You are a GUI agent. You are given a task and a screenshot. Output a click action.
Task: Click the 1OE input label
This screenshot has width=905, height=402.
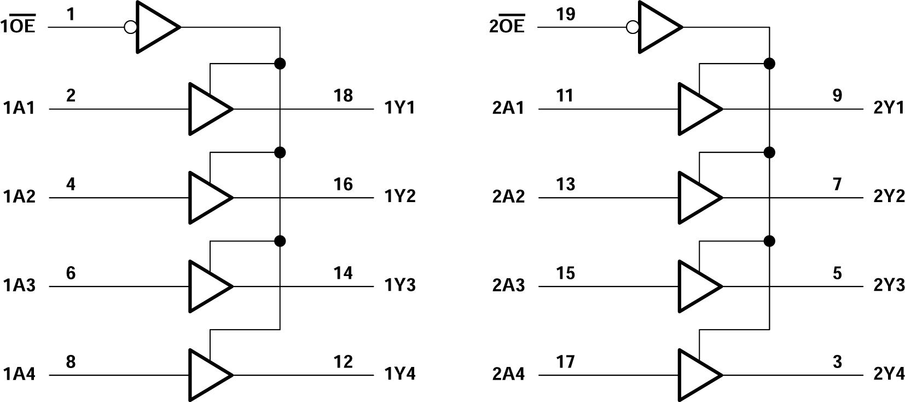click(x=19, y=26)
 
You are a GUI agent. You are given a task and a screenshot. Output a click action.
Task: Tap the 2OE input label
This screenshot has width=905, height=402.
click(x=507, y=26)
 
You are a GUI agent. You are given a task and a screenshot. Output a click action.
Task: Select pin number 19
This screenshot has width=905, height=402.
click(x=565, y=14)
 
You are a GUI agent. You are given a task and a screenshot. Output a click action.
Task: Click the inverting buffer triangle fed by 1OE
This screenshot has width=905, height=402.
click(x=155, y=27)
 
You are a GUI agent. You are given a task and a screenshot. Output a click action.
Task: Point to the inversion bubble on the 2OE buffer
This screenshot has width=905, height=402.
click(x=632, y=27)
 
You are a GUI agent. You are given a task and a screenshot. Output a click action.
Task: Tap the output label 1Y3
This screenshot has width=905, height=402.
click(x=399, y=285)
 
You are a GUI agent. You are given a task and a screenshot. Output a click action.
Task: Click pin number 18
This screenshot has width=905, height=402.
click(x=343, y=95)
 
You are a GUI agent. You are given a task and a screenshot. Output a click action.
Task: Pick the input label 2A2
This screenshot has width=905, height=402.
click(x=508, y=197)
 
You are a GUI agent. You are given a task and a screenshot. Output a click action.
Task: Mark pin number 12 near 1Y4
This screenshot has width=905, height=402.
click(x=343, y=361)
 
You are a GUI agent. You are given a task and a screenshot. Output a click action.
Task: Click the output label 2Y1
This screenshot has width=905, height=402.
click(x=889, y=108)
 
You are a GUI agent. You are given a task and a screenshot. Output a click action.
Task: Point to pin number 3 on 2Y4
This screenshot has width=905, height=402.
click(x=837, y=361)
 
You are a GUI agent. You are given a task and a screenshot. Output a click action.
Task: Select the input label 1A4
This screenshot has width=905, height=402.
click(x=19, y=374)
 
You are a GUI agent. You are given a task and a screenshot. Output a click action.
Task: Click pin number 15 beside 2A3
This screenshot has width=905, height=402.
click(x=565, y=273)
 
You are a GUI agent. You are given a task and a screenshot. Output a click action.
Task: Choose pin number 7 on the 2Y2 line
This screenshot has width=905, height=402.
click(x=837, y=184)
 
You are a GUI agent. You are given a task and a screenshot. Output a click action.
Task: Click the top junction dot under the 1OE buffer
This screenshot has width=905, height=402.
click(x=280, y=64)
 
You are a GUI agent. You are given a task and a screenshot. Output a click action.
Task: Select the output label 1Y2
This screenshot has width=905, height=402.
click(x=399, y=197)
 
